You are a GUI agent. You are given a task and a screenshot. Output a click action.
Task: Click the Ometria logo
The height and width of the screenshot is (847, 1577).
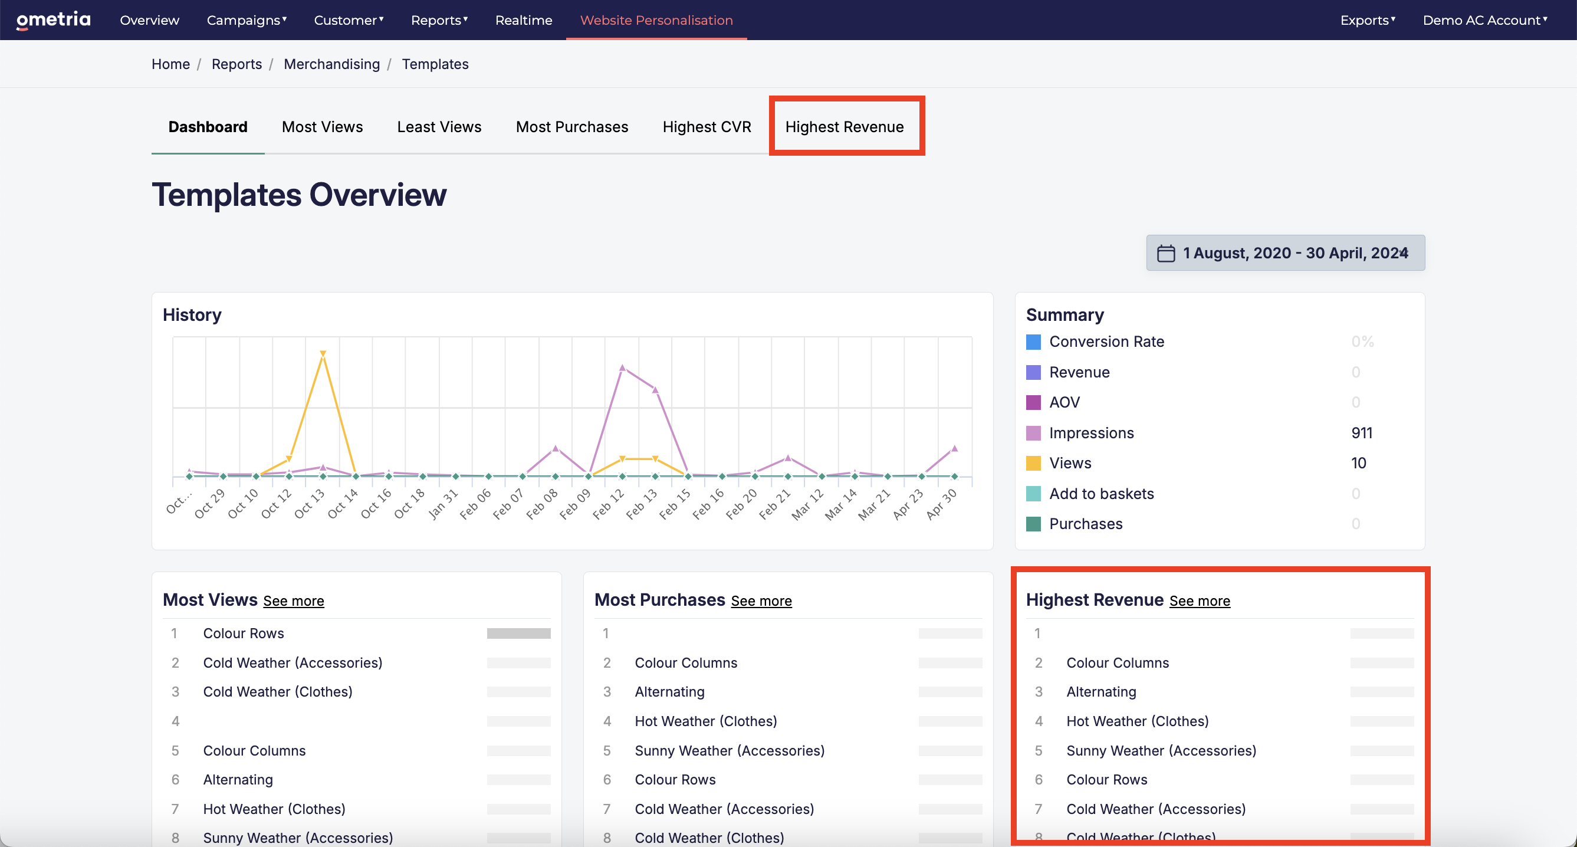pos(53,19)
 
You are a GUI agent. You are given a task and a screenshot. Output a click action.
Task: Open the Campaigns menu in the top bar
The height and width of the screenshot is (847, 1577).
pos(247,20)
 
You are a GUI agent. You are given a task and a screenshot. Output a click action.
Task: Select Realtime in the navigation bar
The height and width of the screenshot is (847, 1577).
pos(524,20)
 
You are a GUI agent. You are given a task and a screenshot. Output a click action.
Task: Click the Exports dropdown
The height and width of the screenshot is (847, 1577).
pos(1368,20)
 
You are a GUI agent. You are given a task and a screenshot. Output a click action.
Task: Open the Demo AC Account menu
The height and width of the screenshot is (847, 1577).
pos(1484,20)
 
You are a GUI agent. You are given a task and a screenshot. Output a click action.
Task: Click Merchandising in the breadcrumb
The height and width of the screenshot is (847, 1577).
pos(332,64)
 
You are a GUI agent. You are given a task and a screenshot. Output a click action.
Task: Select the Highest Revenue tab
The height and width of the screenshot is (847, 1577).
pos(844,127)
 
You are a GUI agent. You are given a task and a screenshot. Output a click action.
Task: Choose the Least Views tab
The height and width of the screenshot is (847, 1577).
pos(439,127)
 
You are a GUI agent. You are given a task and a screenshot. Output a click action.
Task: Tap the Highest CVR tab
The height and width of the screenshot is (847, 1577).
pos(707,127)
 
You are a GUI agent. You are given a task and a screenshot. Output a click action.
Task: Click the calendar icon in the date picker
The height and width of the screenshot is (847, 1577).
pos(1165,253)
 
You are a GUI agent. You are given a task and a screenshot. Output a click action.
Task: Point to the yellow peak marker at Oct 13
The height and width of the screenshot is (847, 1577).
pos(323,353)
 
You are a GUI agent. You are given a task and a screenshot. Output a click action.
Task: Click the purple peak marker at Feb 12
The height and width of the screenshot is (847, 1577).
pos(622,367)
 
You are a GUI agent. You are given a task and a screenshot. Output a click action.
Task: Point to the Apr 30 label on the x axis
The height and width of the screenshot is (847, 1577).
pos(942,504)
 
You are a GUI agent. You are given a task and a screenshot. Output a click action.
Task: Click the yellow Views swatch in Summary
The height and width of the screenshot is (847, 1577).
pos(1033,463)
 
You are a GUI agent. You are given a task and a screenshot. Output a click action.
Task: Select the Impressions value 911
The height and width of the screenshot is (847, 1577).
pos(1362,433)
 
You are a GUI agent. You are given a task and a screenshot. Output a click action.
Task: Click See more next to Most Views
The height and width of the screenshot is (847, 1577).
pos(294,601)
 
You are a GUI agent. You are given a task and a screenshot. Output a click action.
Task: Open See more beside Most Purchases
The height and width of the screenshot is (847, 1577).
pos(761,601)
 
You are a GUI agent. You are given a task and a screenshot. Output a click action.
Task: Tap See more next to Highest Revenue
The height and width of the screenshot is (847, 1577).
pos(1200,601)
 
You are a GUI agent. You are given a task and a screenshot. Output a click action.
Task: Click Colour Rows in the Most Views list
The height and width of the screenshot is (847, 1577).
pos(244,633)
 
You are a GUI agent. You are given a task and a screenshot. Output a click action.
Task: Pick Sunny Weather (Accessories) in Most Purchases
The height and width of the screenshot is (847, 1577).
pos(730,751)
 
